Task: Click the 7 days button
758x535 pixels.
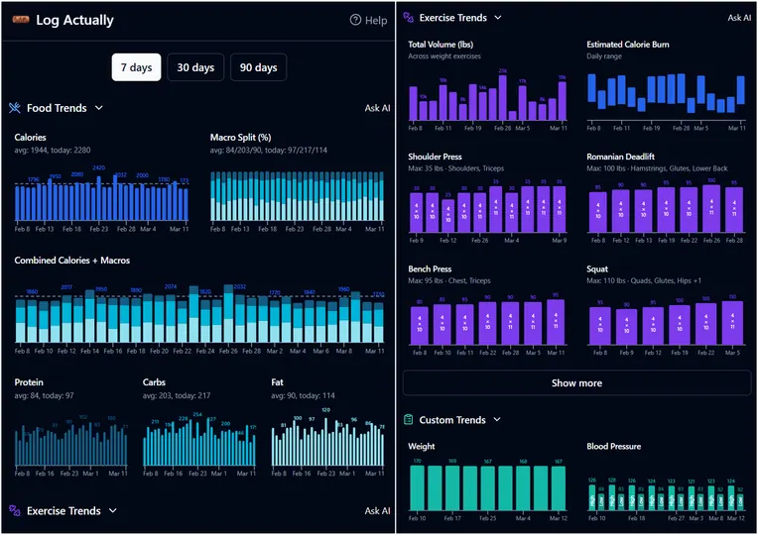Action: coord(136,67)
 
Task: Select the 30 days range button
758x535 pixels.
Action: coord(195,67)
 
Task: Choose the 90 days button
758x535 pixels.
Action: coord(258,67)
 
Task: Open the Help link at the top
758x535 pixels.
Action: coord(368,21)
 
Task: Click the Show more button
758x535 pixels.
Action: coord(576,383)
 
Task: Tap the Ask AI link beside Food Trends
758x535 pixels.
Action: coord(377,108)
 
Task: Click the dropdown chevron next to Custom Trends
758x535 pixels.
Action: coord(498,420)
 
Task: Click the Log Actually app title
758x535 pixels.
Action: coord(74,21)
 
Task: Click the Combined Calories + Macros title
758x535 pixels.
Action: coord(71,261)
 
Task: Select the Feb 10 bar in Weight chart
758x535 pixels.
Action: coord(419,488)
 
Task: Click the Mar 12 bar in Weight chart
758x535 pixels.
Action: coord(559,489)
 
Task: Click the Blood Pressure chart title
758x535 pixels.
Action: coord(620,447)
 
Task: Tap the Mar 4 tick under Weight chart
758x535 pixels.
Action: coord(524,518)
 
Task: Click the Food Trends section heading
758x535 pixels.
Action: coord(57,108)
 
